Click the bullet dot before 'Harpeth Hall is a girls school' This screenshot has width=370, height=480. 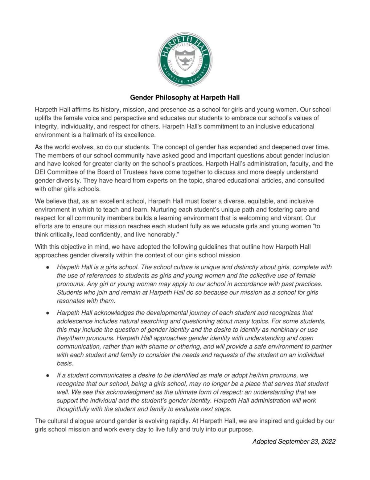point(48,267)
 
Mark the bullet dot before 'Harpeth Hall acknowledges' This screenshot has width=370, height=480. point(48,313)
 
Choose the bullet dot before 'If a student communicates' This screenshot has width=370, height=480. point(48,376)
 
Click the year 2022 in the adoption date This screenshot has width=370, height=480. point(328,442)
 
